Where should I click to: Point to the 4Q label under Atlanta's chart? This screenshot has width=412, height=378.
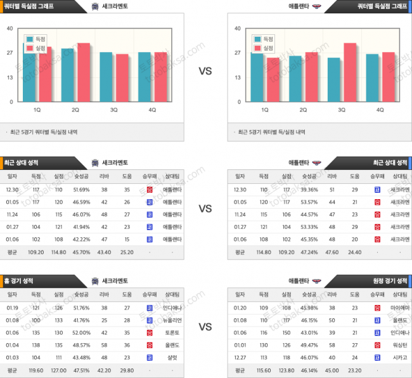click(x=380, y=109)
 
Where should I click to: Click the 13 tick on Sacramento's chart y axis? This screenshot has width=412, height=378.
click(x=10, y=77)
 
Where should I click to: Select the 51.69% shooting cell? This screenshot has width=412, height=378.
click(x=82, y=190)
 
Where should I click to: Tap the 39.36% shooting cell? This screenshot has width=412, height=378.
click(x=310, y=190)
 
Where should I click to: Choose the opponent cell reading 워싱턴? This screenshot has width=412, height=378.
click(x=399, y=345)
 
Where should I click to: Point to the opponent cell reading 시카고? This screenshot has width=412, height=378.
click(x=399, y=357)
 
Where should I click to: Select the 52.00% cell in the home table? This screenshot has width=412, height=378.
click(x=82, y=332)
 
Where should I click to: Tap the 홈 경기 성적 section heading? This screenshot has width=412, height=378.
click(x=23, y=280)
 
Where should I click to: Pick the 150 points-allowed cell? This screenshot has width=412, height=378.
click(x=287, y=332)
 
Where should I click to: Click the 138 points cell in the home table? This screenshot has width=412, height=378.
click(x=35, y=345)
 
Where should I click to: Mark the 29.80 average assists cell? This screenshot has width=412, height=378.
click(x=127, y=370)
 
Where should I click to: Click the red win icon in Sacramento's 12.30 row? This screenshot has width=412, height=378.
click(x=149, y=190)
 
